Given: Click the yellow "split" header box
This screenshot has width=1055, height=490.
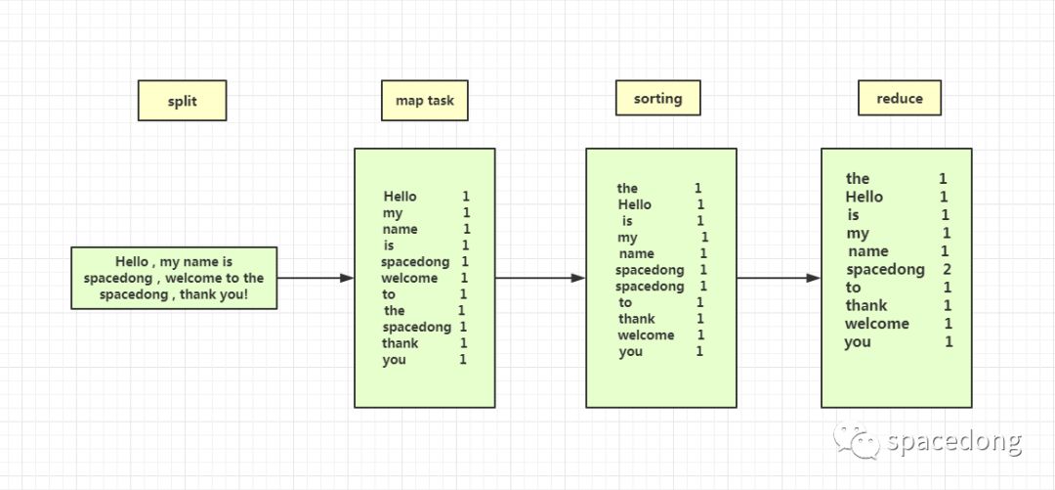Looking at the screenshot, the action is [183, 101].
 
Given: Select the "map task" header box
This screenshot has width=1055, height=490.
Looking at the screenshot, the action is [425, 101].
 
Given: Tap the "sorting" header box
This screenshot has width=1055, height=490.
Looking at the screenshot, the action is [658, 98].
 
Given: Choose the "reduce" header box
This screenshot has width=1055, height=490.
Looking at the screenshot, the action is [900, 98].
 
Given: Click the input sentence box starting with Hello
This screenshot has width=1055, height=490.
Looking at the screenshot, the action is [174, 278].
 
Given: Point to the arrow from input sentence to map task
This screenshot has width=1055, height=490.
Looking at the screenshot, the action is [316, 278].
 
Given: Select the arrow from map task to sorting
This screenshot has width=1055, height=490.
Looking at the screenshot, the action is [540, 278].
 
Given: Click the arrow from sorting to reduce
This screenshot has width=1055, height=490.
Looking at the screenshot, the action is [779, 278].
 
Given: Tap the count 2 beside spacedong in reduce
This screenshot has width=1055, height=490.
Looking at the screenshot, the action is [948, 270].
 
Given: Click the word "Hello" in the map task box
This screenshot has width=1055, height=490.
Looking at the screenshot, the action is [401, 197].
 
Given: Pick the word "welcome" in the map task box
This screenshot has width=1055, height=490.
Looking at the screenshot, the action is [409, 279].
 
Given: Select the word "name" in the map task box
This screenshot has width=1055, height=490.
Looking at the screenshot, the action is [401, 229].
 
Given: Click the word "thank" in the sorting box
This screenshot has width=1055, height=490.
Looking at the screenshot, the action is [637, 319].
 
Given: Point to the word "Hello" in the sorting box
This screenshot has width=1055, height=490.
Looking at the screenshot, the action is [635, 204].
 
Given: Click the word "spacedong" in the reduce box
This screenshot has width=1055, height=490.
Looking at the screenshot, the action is [885, 270].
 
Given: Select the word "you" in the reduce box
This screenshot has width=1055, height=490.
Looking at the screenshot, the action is [858, 342].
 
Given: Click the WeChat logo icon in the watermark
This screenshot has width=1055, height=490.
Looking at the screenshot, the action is [857, 441].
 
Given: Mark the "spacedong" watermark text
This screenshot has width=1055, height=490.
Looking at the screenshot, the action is [954, 441].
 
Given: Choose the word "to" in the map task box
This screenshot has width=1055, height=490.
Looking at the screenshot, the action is [389, 294].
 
